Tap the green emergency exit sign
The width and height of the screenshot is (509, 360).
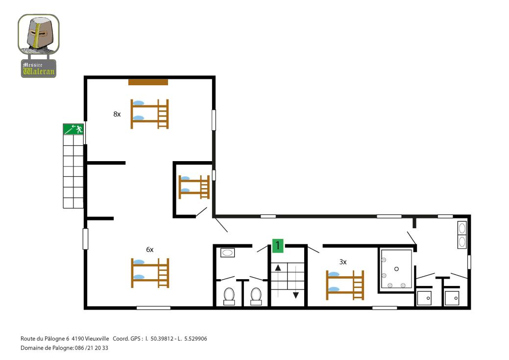[73, 129]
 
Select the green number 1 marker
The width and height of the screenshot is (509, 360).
[278, 245]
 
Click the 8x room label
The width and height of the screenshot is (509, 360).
[117, 114]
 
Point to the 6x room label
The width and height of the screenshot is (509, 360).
[149, 249]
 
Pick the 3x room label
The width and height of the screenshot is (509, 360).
[343, 262]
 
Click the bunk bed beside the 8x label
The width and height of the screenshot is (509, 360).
[149, 114]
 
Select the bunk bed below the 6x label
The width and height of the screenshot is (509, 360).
[150, 273]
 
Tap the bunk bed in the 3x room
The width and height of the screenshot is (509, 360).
[345, 285]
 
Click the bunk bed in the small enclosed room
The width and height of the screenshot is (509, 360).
[194, 187]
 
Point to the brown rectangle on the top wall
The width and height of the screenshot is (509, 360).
[148, 82]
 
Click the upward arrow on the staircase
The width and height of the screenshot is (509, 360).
[278, 268]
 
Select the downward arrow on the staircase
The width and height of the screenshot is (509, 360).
[296, 295]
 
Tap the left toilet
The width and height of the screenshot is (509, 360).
[229, 296]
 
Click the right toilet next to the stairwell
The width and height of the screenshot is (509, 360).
[256, 296]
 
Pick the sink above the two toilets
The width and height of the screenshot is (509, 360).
[228, 253]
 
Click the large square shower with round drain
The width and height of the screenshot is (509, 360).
[396, 269]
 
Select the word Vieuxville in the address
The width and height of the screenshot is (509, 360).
[97, 338]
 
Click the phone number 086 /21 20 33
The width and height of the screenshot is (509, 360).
[92, 348]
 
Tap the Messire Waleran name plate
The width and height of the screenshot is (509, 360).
[39, 69]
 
